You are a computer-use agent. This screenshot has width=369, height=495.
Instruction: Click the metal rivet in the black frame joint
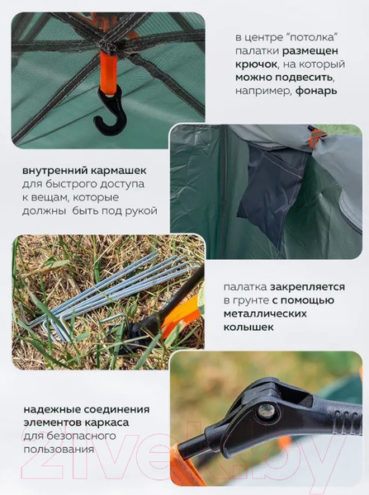[x=267, y=410]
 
